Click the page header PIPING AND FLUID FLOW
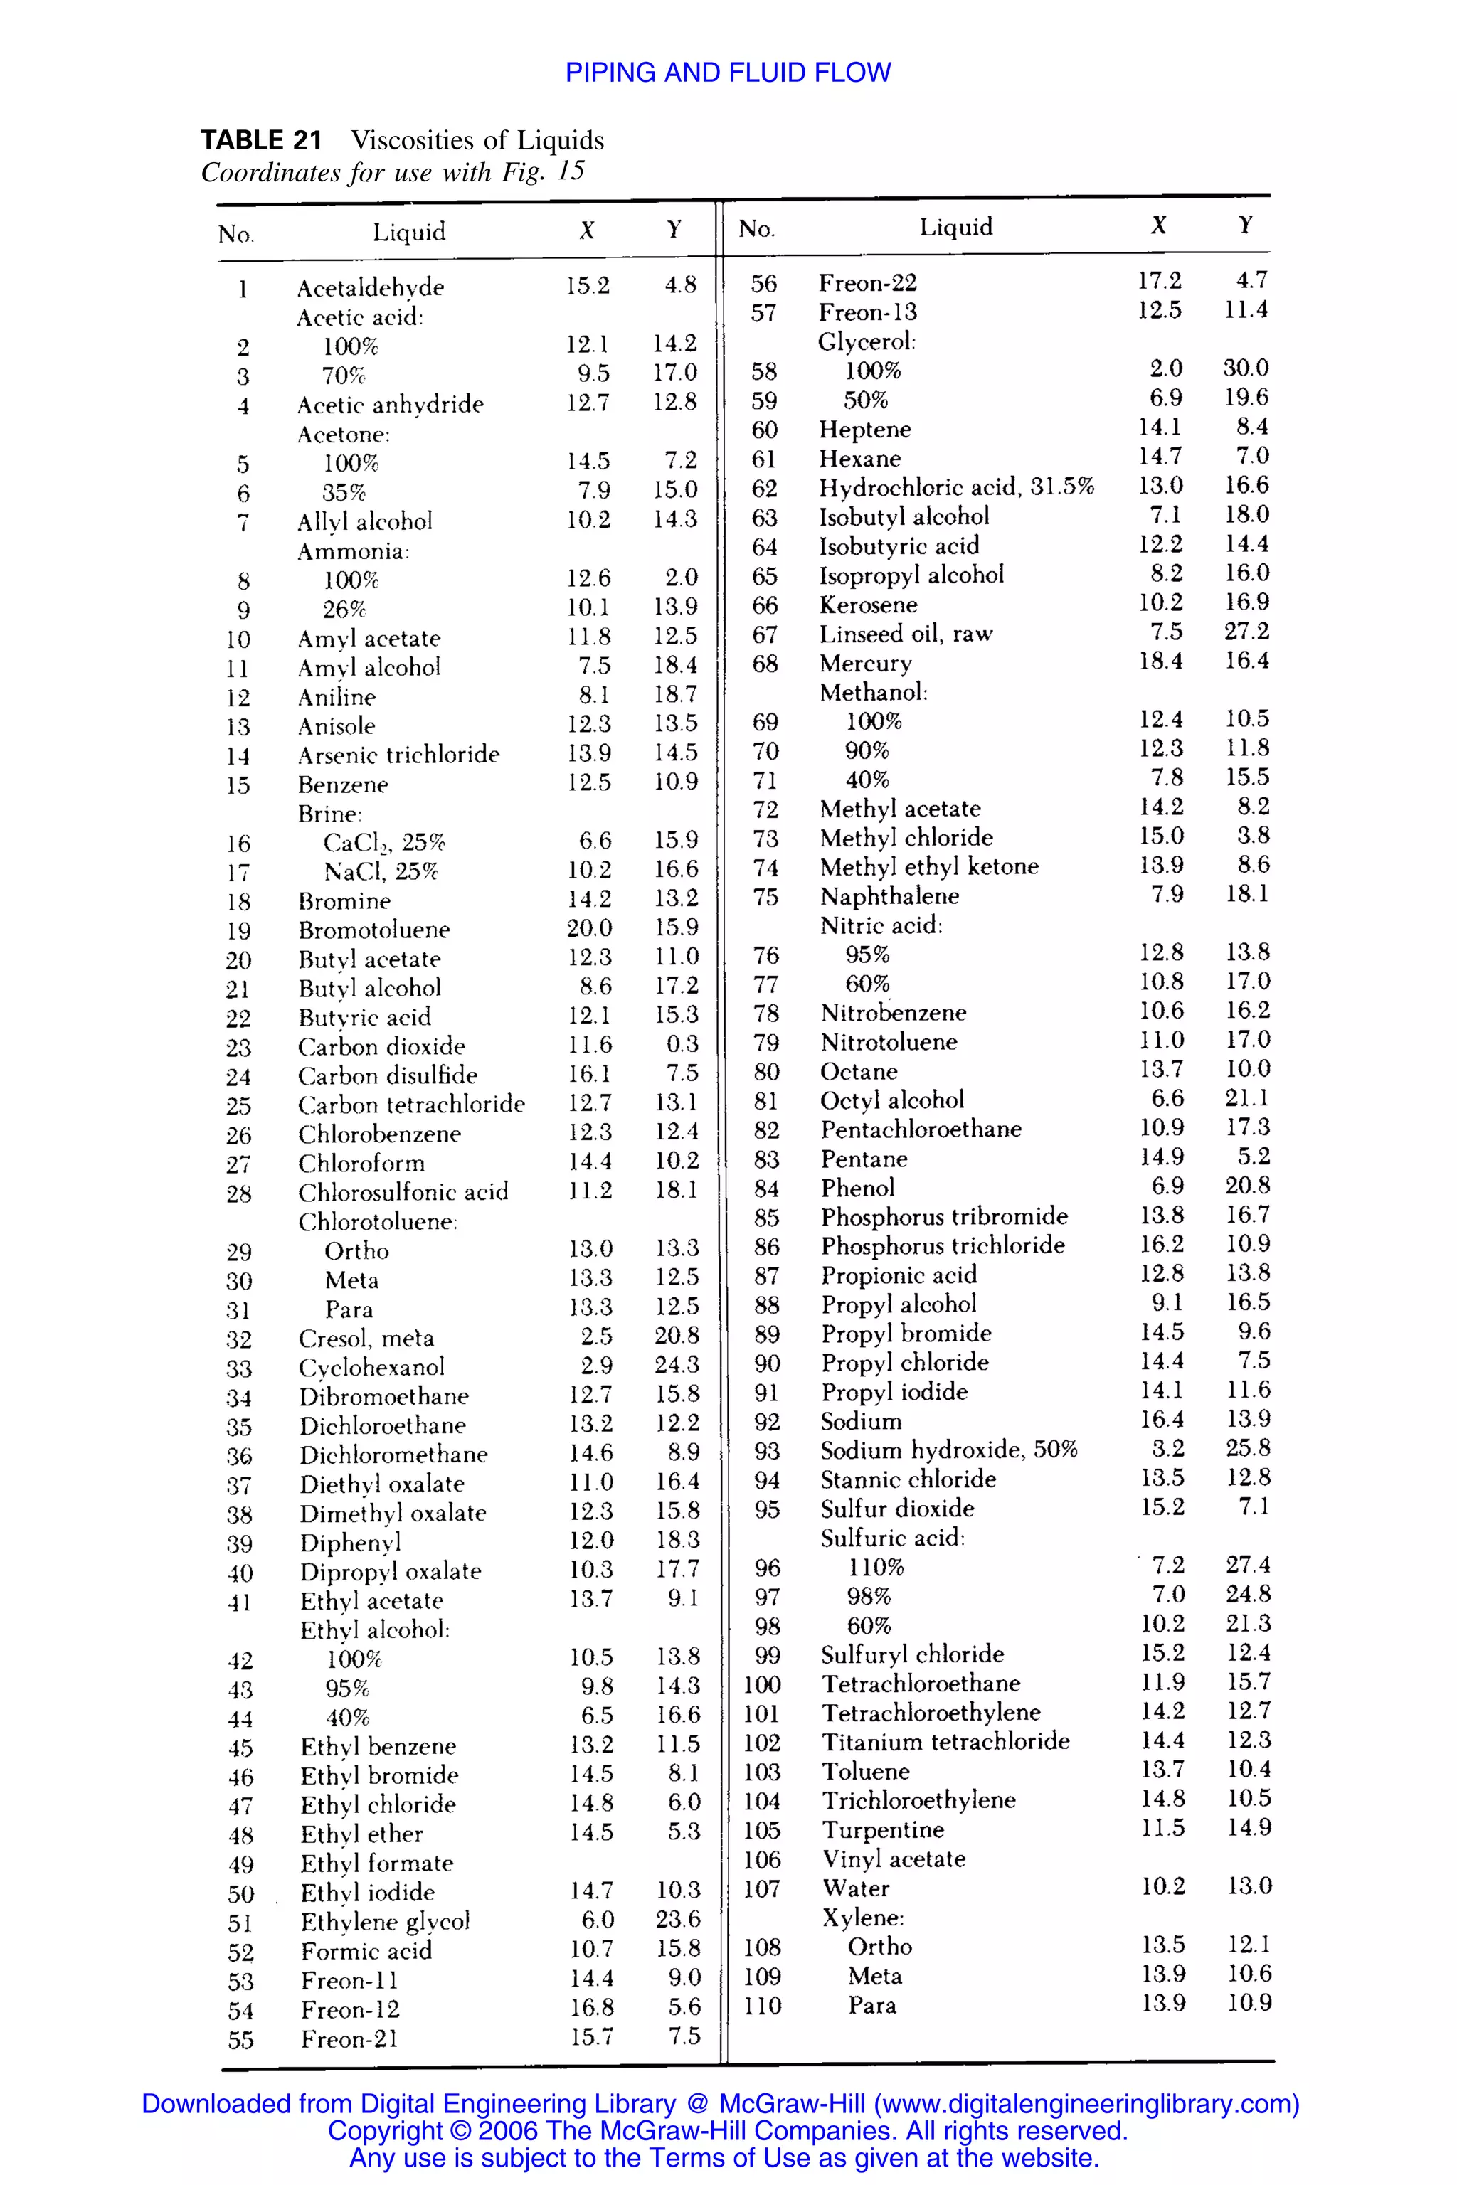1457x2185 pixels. pos(728,73)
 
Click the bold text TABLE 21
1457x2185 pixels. pos(261,140)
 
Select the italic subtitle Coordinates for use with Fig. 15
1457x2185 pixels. pos(392,172)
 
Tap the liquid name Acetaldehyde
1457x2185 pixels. pos(370,287)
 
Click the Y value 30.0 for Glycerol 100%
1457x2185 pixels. pos(1245,368)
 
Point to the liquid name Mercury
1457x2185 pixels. pos(865,664)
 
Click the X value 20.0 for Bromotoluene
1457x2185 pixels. pos(589,928)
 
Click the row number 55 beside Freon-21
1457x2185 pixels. pos(240,2039)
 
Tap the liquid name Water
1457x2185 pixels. pos(856,1888)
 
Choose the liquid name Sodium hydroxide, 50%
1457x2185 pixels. pos(948,1450)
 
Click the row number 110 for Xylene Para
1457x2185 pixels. pos(762,2005)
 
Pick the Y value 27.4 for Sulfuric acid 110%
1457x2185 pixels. pos(1247,1565)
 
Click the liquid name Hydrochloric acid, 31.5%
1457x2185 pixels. pos(956,487)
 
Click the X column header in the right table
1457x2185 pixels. pos(1159,225)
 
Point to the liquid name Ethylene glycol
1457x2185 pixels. pos(385,1920)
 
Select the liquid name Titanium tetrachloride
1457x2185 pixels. pos(945,1741)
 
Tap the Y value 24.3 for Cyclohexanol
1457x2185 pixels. pos(677,1365)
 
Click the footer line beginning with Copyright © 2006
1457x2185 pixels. pos(728,2130)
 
